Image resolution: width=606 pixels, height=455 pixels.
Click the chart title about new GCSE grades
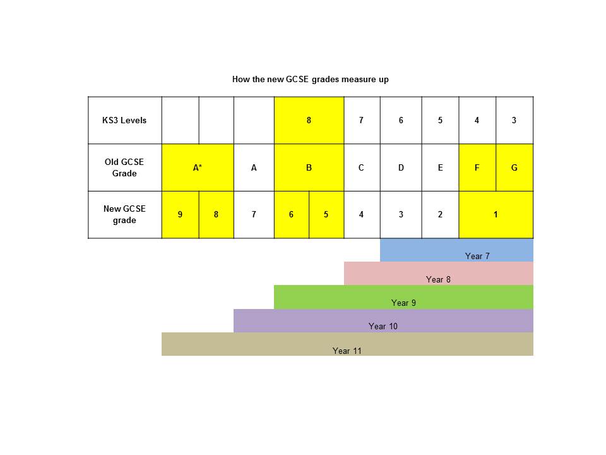click(311, 80)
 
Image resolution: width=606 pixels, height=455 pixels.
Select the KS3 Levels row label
click(124, 120)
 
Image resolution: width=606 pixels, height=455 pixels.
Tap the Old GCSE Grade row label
click(124, 167)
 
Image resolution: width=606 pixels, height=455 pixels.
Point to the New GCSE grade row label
click(124, 214)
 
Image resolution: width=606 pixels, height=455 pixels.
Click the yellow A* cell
click(198, 167)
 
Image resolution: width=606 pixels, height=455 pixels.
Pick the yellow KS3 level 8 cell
click(309, 120)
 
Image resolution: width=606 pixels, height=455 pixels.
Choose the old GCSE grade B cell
click(309, 167)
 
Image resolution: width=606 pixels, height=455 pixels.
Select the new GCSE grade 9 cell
click(181, 215)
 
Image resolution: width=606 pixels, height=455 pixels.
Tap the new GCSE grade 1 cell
click(496, 215)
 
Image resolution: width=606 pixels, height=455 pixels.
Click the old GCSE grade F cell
click(477, 167)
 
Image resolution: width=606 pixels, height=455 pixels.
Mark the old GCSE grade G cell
click(514, 167)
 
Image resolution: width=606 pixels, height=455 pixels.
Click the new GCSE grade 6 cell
click(292, 215)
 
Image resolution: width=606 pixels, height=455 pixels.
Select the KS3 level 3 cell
click(514, 120)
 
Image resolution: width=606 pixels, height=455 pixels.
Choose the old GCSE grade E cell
click(441, 167)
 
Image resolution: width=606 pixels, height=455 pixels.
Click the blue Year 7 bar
click(457, 250)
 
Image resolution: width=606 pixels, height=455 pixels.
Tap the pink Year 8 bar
click(439, 274)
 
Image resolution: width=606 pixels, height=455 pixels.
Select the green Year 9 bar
click(404, 297)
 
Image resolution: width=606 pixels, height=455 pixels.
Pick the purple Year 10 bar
click(383, 321)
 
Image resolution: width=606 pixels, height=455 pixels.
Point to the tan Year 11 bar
click(347, 344)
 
